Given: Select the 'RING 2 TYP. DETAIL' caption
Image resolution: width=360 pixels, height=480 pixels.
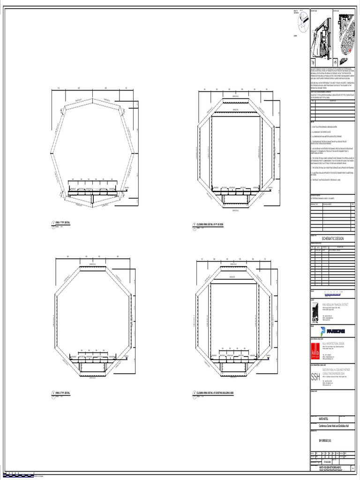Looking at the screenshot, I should click(x=63, y=392).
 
